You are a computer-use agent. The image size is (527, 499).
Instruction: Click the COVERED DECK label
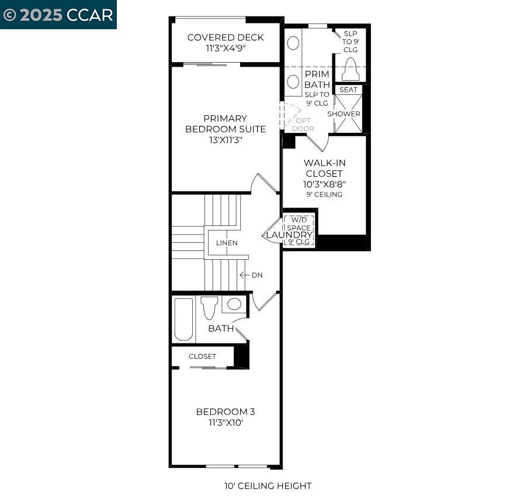coord(225,37)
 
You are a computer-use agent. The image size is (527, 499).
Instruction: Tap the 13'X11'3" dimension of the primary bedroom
coord(225,140)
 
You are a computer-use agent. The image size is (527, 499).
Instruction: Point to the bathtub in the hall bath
coord(183,319)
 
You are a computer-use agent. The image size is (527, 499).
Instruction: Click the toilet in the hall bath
coord(209,307)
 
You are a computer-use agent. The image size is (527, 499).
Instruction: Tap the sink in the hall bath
coord(235,304)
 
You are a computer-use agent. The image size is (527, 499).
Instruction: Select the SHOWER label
coord(344,113)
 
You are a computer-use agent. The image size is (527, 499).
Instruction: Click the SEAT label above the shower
coord(348,90)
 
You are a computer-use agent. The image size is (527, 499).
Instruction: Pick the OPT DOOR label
coord(303,125)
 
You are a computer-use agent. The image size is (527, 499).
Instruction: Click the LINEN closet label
coord(227,243)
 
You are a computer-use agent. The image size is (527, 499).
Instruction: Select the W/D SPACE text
coord(299,224)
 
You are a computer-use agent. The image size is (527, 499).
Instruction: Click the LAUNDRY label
coord(289,235)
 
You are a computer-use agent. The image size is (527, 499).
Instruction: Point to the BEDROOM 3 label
coord(225,412)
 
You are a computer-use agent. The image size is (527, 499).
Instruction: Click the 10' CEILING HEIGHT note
coord(268,486)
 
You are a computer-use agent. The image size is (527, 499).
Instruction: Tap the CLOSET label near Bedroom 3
coord(202,356)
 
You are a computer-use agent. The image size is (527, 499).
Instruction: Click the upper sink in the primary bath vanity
coord(294,43)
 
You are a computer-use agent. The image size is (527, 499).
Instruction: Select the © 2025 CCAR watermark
coord(58,15)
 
